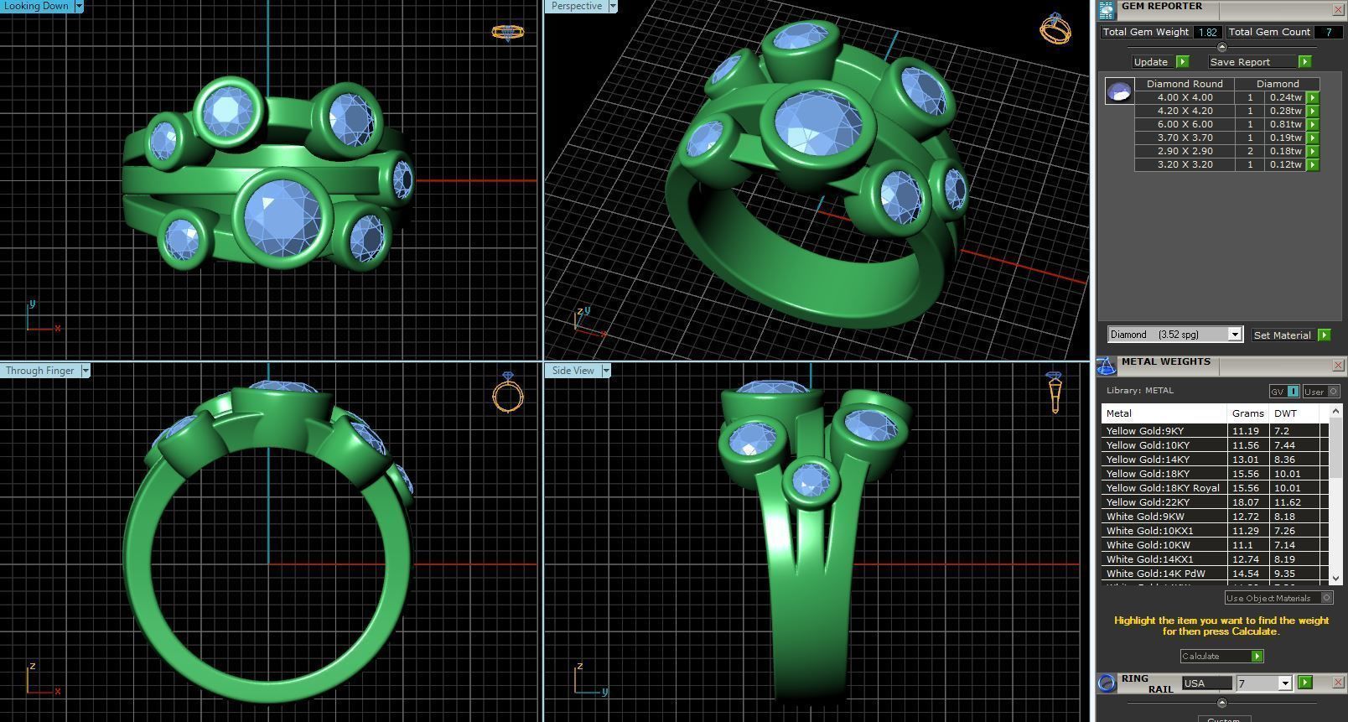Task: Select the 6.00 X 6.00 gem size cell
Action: pyautogui.click(x=1185, y=124)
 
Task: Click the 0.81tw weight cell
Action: pyautogui.click(x=1285, y=124)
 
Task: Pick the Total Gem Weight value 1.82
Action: pyautogui.click(x=1207, y=32)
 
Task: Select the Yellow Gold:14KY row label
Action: pyautogui.click(x=1148, y=460)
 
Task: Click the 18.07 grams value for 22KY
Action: pyautogui.click(x=1245, y=502)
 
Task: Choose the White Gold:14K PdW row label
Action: pyautogui.click(x=1155, y=574)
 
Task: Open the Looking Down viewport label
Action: pyautogui.click(x=38, y=6)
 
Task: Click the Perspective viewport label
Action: pyautogui.click(x=577, y=6)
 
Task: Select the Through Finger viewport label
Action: pyautogui.click(x=41, y=371)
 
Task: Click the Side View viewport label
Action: pyautogui.click(x=573, y=371)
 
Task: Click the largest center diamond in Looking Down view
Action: pyautogui.click(x=283, y=216)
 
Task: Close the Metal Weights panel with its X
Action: pyautogui.click(x=1338, y=365)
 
